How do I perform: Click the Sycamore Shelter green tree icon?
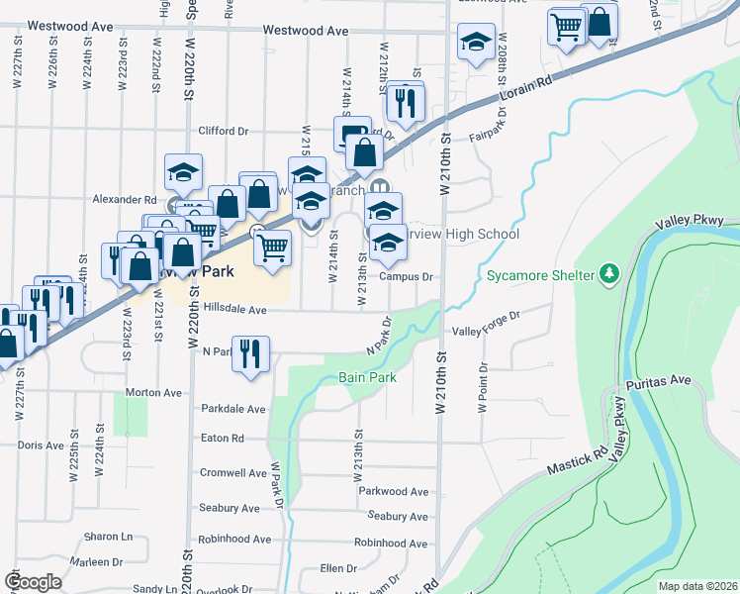610,273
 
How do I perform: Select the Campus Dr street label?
407,277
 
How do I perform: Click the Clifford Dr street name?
223,131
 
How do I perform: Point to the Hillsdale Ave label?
235,309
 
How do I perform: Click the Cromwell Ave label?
233,473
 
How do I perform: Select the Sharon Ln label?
108,537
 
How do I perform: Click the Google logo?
33,581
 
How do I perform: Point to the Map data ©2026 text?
697,586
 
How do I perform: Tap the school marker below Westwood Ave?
476,44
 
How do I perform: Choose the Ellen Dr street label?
337,568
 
